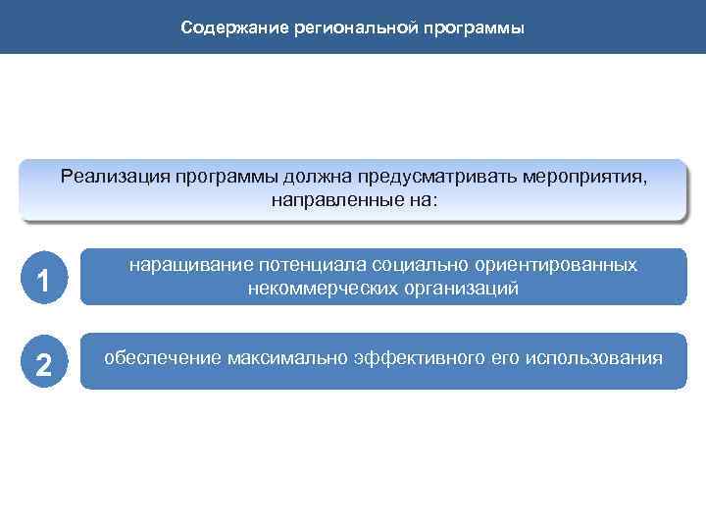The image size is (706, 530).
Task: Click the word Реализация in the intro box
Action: (115, 177)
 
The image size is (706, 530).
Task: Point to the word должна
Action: (319, 177)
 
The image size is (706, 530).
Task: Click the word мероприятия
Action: (584, 177)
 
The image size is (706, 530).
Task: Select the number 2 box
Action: (41, 364)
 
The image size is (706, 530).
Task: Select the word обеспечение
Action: (163, 357)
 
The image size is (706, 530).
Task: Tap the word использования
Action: (593, 357)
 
